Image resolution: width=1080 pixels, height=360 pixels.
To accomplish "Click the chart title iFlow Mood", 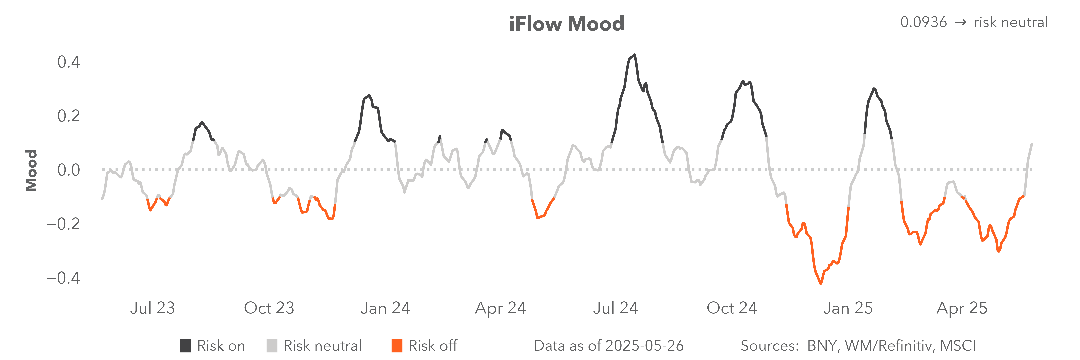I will pos(566,24).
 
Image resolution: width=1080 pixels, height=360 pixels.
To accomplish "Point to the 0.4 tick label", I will pos(68,62).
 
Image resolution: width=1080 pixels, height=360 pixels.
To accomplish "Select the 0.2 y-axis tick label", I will pos(68,116).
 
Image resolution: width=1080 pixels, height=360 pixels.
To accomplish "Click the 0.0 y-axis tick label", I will pos(68,170).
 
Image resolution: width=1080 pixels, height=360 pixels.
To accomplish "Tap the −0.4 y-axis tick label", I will pos(63,278).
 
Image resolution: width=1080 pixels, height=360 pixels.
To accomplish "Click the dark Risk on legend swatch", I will pos(185,346).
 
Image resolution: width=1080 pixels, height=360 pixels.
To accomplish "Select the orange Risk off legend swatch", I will pos(397,346).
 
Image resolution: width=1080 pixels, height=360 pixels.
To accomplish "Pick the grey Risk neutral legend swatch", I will pos(272,346).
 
